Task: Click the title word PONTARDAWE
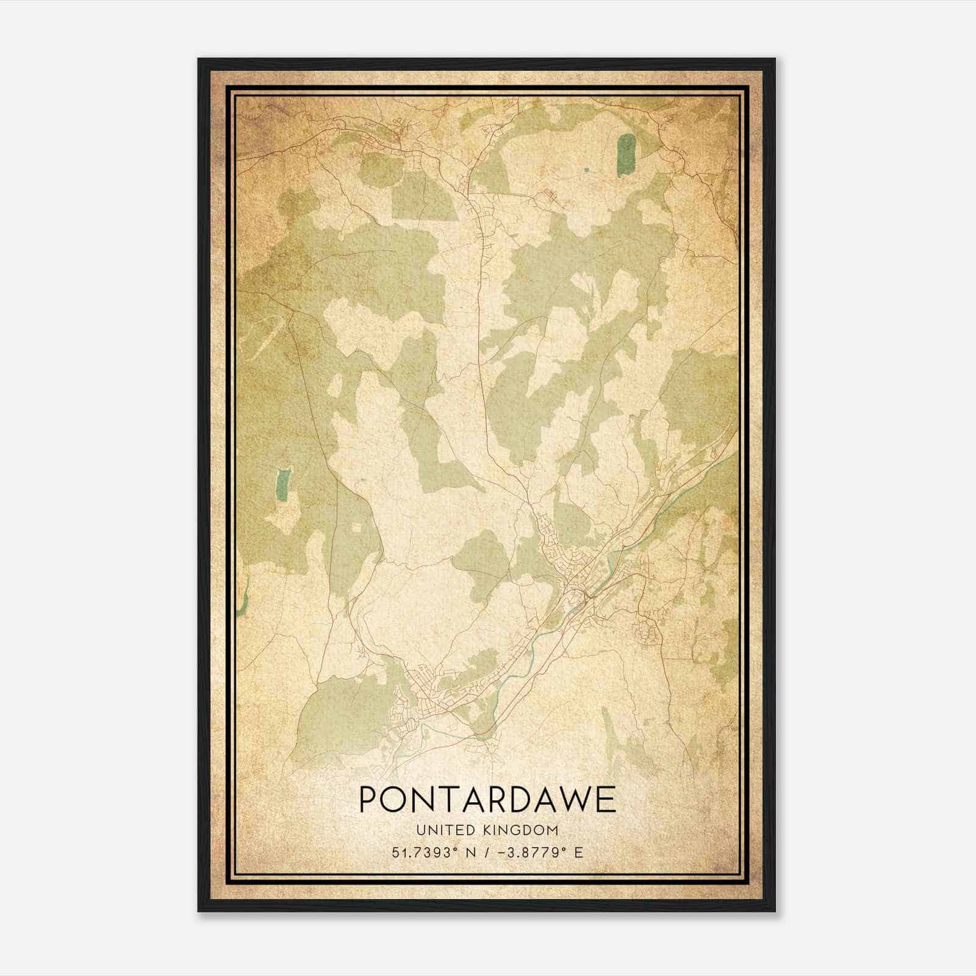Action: pyautogui.click(x=487, y=800)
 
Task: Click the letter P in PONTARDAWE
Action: pyautogui.click(x=368, y=800)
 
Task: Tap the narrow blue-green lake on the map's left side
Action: pyautogui.click(x=282, y=484)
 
